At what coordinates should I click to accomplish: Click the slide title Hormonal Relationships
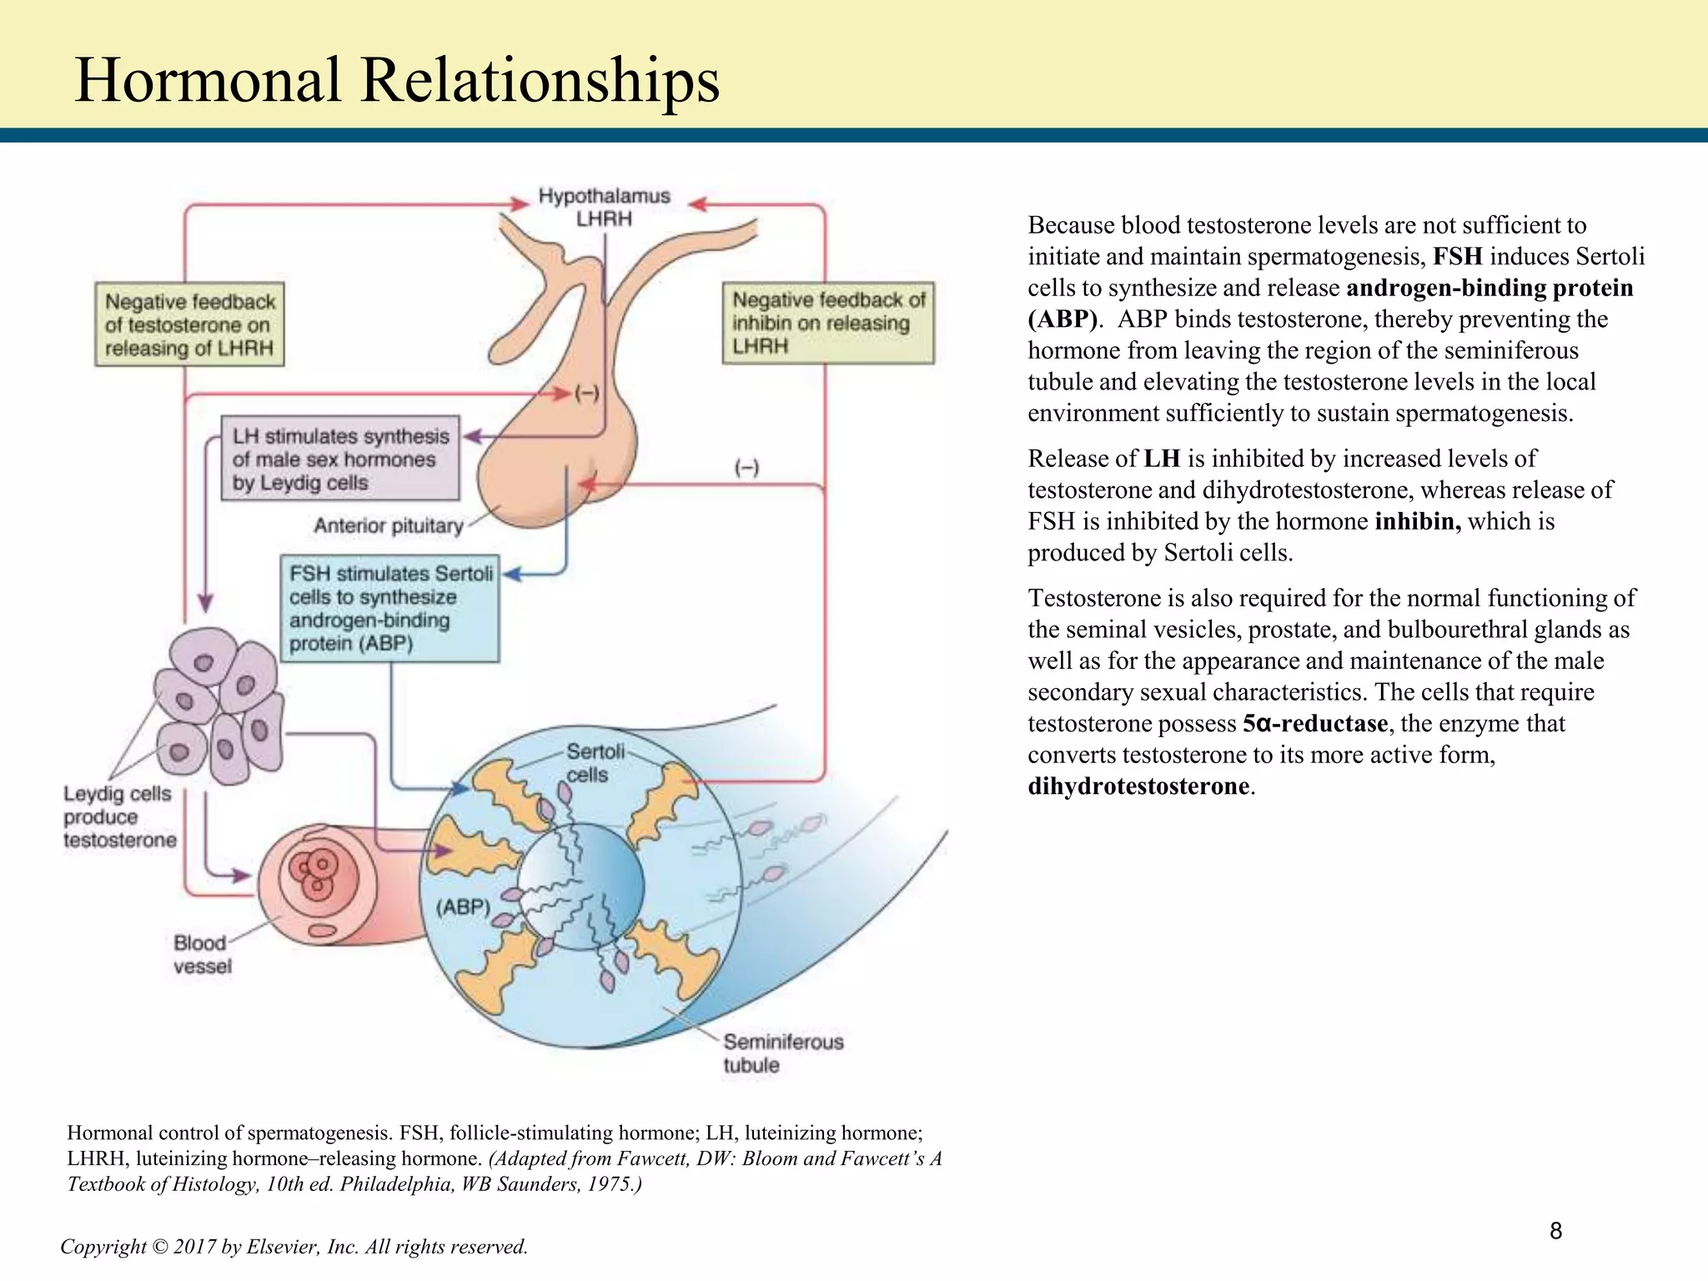(x=397, y=81)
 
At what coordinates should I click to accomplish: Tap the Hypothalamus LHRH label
(x=605, y=207)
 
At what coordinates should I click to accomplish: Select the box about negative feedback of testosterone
(x=189, y=324)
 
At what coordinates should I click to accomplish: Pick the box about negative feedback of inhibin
(x=828, y=323)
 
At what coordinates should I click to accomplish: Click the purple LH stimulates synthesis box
(x=340, y=459)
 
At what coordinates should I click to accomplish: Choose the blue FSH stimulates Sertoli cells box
(x=389, y=608)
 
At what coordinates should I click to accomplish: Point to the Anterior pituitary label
(x=388, y=525)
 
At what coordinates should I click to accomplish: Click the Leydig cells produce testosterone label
(x=120, y=816)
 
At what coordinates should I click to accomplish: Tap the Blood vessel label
(x=202, y=954)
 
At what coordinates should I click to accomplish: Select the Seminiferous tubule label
(x=783, y=1053)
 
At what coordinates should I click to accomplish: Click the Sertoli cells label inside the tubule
(x=595, y=763)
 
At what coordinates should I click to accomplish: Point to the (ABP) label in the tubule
(x=463, y=907)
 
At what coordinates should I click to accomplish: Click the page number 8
(x=1555, y=1231)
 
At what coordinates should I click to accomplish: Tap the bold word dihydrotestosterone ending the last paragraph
(x=1138, y=786)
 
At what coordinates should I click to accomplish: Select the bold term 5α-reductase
(x=1315, y=723)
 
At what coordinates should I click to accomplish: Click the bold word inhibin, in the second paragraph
(x=1418, y=521)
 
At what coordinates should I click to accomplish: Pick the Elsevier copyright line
(x=294, y=1247)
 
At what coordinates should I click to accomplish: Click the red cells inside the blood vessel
(x=314, y=872)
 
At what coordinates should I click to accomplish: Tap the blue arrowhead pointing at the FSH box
(x=513, y=574)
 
